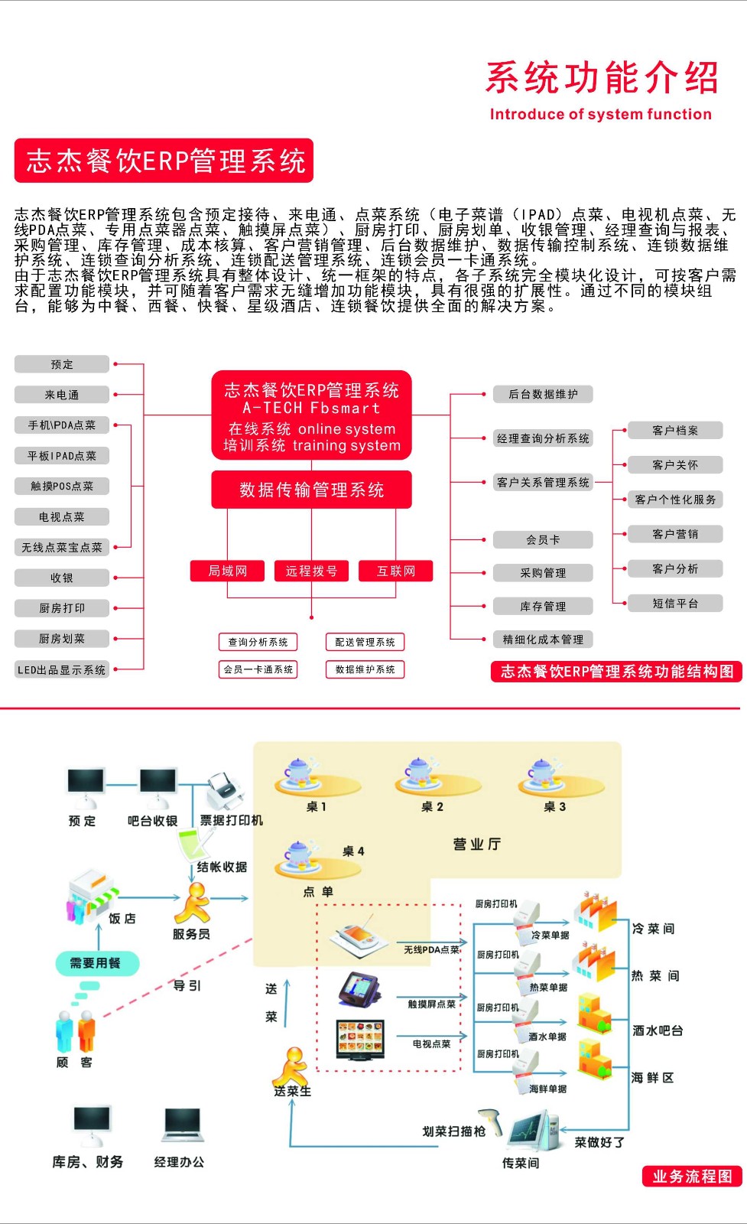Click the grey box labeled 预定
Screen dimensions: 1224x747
(x=62, y=364)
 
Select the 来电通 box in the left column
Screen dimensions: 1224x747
(x=62, y=395)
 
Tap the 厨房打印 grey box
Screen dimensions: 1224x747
(x=62, y=608)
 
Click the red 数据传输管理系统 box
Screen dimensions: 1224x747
(x=311, y=490)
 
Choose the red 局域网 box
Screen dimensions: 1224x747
(x=228, y=571)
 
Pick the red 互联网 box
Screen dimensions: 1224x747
(x=395, y=571)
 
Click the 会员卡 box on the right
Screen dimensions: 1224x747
(x=543, y=539)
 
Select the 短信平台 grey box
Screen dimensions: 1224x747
(x=675, y=603)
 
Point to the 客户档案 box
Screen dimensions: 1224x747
(x=675, y=430)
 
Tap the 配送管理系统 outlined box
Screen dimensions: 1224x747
(x=365, y=642)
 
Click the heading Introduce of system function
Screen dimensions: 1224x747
(x=600, y=115)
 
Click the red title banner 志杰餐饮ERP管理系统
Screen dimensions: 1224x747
(x=164, y=161)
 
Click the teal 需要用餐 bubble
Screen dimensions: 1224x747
(x=97, y=963)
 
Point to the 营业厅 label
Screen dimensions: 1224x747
(x=476, y=844)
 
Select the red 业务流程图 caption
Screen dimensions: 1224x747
(x=692, y=1177)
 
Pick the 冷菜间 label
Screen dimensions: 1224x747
(x=653, y=928)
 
